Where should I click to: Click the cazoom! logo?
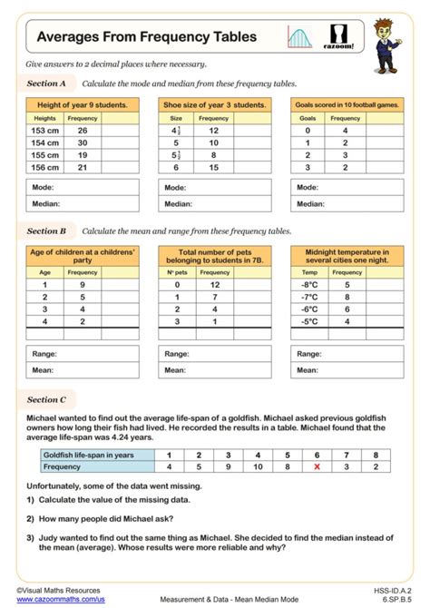[x=344, y=37]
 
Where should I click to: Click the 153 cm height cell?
[x=44, y=131]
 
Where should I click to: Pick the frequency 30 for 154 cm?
[x=83, y=142]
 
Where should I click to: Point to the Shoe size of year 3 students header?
[x=214, y=105]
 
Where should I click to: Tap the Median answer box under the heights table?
[x=83, y=204]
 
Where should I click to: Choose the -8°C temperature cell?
[x=310, y=284]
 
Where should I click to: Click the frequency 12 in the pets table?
[x=214, y=284]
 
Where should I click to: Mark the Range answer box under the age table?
[x=83, y=353]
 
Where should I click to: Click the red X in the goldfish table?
[x=317, y=466]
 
